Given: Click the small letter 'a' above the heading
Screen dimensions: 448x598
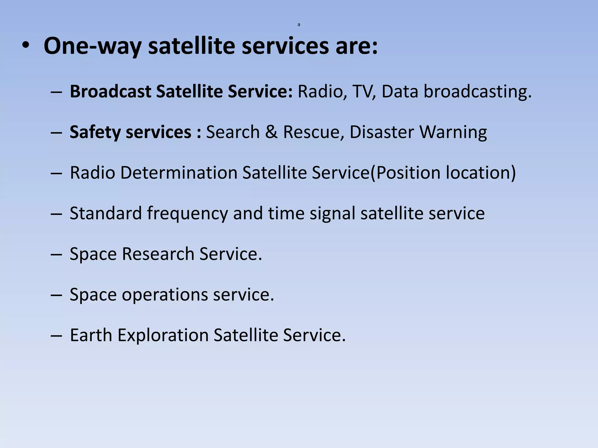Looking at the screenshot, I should pyautogui.click(x=299, y=25).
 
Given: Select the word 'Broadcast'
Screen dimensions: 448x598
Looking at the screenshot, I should pyautogui.click(x=110, y=91).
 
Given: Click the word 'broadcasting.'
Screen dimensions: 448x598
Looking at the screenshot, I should pyautogui.click(x=478, y=91).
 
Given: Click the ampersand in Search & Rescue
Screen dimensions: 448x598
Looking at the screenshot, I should pyautogui.click(x=271, y=132).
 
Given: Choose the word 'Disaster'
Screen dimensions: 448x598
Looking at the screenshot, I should pyautogui.click(x=382, y=132).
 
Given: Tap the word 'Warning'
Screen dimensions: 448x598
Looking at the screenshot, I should pyautogui.click(x=453, y=132).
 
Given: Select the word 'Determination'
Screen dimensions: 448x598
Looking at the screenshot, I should pyautogui.click(x=179, y=172).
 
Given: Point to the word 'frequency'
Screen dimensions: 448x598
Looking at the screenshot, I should pyautogui.click(x=187, y=213).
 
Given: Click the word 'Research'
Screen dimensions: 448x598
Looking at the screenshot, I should pyautogui.click(x=158, y=254).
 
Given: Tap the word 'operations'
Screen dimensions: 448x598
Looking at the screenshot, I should pyautogui.click(x=165, y=295).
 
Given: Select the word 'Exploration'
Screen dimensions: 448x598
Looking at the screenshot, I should pyautogui.click(x=163, y=335).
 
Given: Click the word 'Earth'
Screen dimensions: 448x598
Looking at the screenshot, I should pyautogui.click(x=91, y=335).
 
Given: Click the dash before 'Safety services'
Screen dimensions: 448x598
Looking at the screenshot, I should pyautogui.click(x=56, y=132).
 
